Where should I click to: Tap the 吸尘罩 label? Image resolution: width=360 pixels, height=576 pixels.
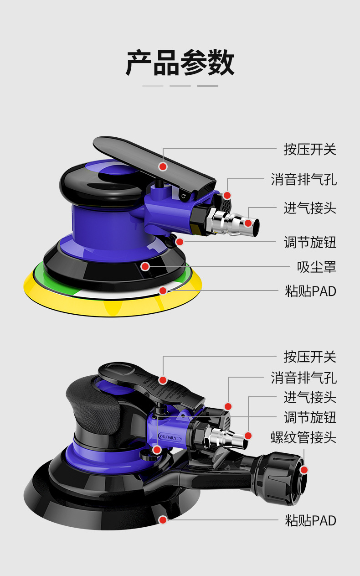[316, 266]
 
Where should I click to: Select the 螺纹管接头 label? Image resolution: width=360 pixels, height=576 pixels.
[303, 438]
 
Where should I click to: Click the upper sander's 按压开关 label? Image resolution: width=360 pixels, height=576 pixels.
[310, 149]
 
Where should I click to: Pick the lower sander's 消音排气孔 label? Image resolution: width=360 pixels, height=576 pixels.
[303, 378]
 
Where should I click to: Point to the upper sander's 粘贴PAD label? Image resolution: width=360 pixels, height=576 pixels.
[310, 291]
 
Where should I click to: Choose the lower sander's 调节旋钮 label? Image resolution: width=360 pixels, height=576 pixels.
[310, 417]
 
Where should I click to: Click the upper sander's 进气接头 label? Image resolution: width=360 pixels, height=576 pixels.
[310, 208]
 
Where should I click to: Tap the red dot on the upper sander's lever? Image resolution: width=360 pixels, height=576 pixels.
[163, 166]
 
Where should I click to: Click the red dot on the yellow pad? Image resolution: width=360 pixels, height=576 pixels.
[163, 291]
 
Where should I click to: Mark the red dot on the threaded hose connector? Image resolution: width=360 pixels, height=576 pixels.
[304, 470]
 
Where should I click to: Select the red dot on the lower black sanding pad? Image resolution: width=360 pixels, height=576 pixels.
[163, 520]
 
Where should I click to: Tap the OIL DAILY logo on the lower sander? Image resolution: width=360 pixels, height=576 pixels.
[170, 436]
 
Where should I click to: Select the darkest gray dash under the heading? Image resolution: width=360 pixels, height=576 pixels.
[207, 86]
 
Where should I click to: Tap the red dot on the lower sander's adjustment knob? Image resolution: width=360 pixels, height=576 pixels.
[157, 450]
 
